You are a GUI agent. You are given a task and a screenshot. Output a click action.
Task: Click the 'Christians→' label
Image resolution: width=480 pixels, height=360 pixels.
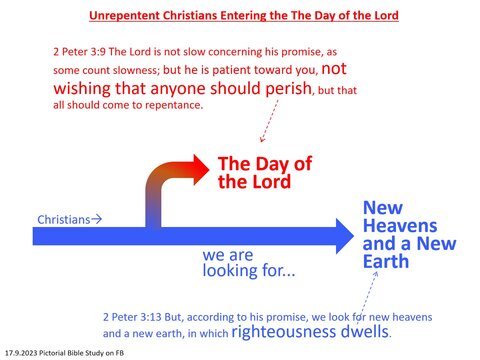click(x=69, y=218)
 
